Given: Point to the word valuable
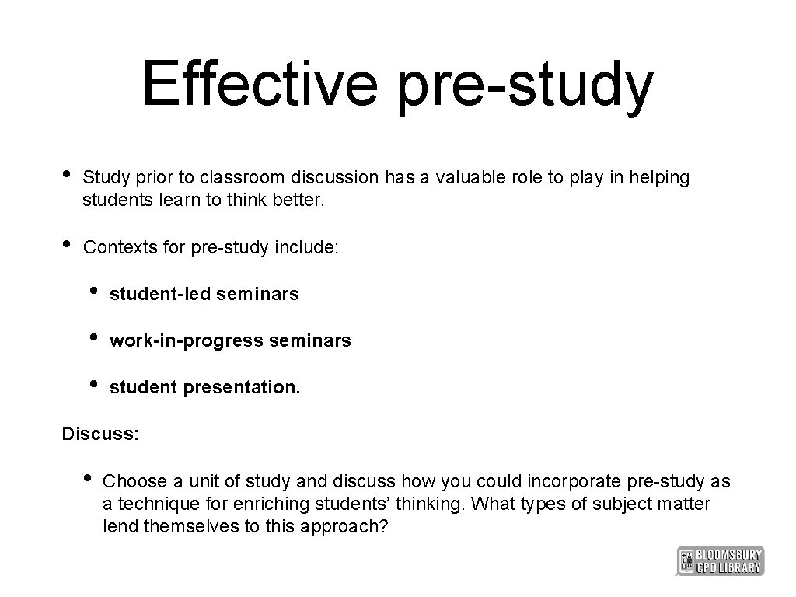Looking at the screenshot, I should point(471,178).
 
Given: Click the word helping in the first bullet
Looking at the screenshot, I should point(659,178).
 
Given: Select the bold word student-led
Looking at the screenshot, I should point(160,294).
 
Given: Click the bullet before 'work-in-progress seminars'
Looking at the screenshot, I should point(94,337).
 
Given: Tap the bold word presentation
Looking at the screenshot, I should point(241,387).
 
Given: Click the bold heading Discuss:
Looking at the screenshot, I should point(101,433).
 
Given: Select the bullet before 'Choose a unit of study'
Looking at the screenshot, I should point(87,477).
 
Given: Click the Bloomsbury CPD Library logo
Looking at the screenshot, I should point(720,561).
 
